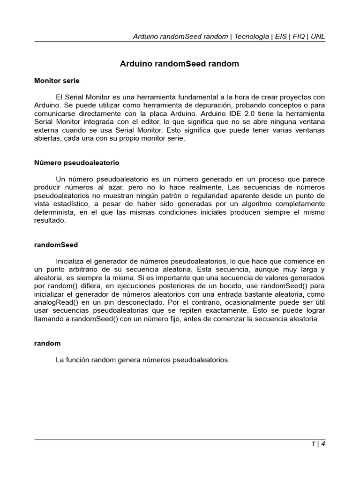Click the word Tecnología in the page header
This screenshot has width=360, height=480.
coord(252,36)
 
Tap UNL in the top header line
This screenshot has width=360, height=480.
coord(318,36)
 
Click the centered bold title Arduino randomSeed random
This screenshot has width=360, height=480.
coord(180,64)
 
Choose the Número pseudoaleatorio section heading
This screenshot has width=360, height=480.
coord(77,163)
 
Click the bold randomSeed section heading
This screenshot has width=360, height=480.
coord(56,245)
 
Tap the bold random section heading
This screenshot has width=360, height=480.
coord(47,343)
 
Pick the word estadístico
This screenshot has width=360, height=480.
coord(71,204)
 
